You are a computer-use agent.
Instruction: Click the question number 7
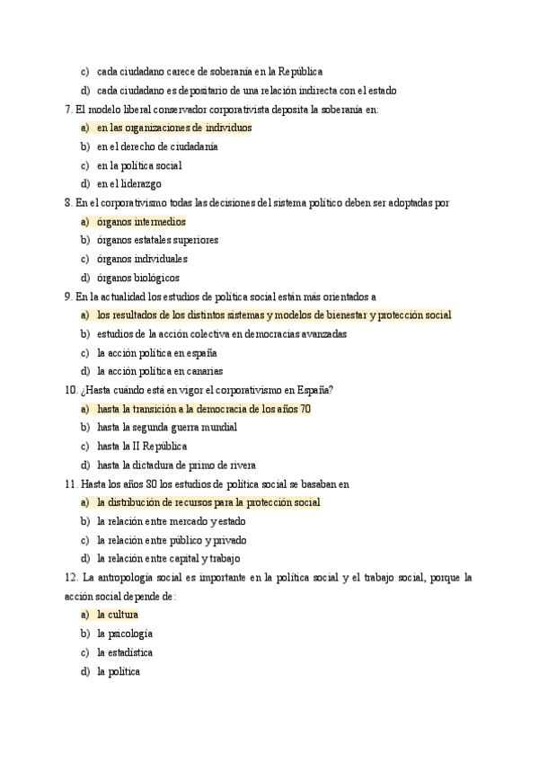tap(68, 109)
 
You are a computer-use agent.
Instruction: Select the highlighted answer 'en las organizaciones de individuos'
tap(174, 128)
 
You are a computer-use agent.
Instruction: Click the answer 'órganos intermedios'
tap(141, 222)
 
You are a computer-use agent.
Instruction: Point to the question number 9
tap(68, 297)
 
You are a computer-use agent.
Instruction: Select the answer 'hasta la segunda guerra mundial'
tap(166, 428)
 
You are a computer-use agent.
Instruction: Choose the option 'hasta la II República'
tap(141, 447)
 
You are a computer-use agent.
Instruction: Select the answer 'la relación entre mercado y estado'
tap(171, 521)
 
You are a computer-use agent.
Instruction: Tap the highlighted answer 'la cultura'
tap(117, 615)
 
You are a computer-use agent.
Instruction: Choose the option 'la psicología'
tap(124, 634)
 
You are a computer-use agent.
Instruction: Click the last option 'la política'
tap(119, 671)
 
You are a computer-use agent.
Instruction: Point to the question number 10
tap(71, 390)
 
